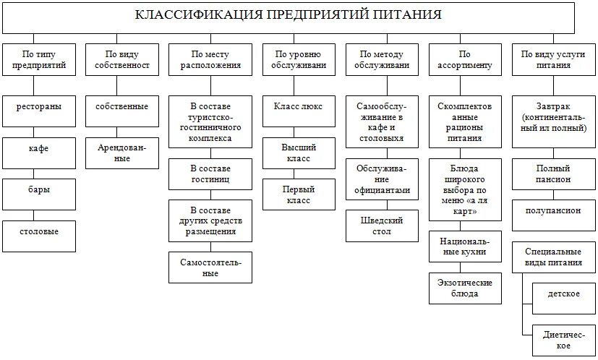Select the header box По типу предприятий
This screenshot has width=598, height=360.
click(39, 59)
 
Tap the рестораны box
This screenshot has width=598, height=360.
click(39, 107)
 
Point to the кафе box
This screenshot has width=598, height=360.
click(39, 148)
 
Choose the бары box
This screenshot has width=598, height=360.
click(39, 190)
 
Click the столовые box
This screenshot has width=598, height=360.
click(39, 231)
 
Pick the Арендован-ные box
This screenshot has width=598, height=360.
click(122, 153)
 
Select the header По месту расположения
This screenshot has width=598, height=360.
click(210, 59)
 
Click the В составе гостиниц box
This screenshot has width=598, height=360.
click(210, 172)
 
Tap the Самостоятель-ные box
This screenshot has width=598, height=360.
click(210, 267)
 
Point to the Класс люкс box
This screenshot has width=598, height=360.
click(298, 107)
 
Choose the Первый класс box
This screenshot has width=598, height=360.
click(298, 194)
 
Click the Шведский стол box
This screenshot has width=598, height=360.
click(383, 226)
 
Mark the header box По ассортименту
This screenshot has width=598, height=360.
click(465, 59)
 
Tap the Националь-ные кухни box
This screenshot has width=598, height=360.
click(465, 247)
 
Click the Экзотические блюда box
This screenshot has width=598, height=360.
click(465, 288)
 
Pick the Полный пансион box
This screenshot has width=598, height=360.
click(553, 173)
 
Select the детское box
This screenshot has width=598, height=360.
click(563, 295)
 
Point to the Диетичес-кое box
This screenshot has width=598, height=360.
click(563, 340)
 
